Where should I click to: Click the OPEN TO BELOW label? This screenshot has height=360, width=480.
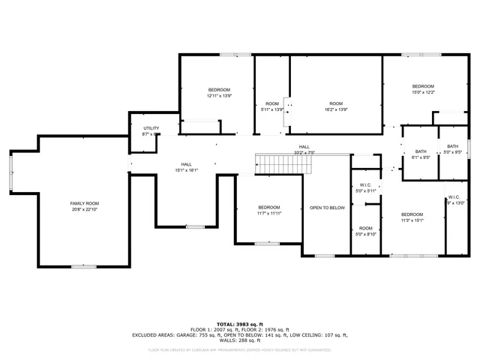327,208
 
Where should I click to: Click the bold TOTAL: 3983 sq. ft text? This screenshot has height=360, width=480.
239,324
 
